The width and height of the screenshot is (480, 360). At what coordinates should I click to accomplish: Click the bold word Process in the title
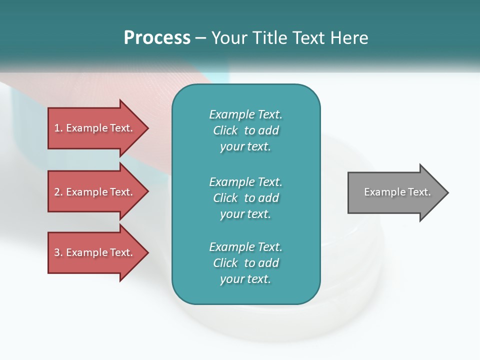click(157, 37)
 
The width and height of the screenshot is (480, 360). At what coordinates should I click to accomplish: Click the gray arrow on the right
click(395, 192)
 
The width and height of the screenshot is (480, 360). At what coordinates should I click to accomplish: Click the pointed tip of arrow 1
click(147, 128)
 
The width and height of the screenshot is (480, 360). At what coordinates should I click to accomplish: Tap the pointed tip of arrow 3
click(147, 252)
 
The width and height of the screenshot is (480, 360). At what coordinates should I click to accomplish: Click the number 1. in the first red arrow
click(58, 128)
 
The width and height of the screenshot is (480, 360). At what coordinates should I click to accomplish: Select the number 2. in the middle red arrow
click(58, 192)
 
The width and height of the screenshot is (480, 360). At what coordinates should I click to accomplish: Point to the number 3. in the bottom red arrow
click(58, 252)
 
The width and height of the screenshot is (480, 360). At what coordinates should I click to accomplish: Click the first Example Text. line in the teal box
click(245, 114)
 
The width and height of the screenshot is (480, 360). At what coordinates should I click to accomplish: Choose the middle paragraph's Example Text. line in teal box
click(245, 181)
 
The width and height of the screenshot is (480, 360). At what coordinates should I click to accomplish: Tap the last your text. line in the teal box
click(245, 279)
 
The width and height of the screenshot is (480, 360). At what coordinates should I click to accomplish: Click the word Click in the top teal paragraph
click(225, 130)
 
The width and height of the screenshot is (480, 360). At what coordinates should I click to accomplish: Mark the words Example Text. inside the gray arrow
click(397, 192)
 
